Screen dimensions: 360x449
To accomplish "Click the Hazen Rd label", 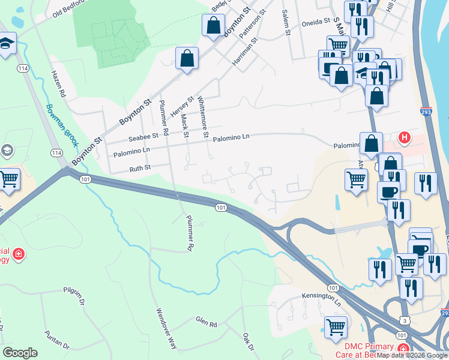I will pyautogui.click(x=58, y=84).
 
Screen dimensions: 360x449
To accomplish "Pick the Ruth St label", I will pyautogui.click(x=140, y=169).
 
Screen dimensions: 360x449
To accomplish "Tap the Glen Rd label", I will pyautogui.click(x=206, y=322).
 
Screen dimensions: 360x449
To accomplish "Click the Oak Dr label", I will pyautogui.click(x=249, y=343).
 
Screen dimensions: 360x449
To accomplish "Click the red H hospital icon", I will pyautogui.click(x=405, y=137).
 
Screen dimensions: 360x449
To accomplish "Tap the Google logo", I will pyautogui.click(x=20, y=353).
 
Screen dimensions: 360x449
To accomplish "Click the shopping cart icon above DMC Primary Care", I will pyautogui.click(x=336, y=327).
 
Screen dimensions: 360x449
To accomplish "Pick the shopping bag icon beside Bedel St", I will pyautogui.click(x=213, y=25).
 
